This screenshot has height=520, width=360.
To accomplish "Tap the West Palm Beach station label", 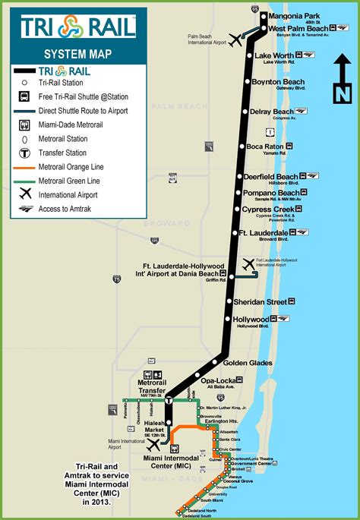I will coord(298,28).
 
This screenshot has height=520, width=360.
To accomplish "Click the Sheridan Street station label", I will coord(266,302).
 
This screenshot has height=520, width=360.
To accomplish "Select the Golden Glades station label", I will coord(248,363).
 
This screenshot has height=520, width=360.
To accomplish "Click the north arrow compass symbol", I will coord(341,83).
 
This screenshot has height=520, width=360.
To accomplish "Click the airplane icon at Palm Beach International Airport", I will coord(235,39).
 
